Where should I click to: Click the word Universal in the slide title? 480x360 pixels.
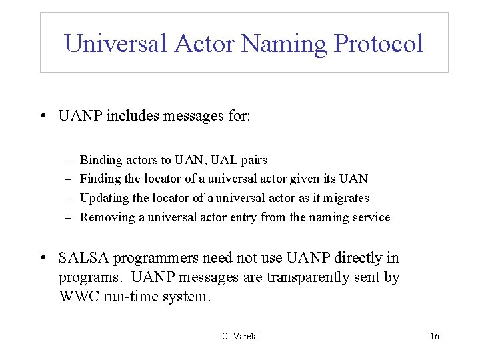point(115,44)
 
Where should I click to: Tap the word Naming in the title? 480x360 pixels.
point(285,44)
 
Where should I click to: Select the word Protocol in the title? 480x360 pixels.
point(379,44)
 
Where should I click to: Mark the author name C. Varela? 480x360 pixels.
point(240,337)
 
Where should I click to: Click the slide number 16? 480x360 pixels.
point(435,337)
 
